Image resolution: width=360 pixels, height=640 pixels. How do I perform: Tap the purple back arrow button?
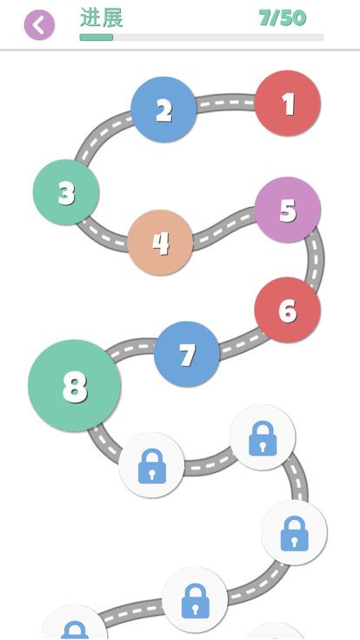39,25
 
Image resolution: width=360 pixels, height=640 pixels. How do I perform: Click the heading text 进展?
101,17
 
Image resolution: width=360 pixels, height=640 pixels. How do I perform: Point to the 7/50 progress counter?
283,18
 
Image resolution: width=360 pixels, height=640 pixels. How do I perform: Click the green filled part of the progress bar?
97,37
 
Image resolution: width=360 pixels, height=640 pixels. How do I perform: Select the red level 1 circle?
287,103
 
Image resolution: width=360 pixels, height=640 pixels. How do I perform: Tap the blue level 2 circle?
163,110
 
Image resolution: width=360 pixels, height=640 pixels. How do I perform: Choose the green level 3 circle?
66,192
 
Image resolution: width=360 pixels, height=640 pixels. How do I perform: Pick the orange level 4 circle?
160,243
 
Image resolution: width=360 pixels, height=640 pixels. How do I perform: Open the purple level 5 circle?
287,210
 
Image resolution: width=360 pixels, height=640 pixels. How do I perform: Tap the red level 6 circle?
287,310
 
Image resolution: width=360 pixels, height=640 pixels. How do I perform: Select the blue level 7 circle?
187,354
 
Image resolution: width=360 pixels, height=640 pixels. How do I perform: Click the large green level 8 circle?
74,385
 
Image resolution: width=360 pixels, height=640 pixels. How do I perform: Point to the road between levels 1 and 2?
226,102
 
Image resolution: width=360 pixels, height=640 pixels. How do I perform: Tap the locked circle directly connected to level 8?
151,465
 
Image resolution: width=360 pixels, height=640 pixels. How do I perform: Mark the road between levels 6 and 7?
241,345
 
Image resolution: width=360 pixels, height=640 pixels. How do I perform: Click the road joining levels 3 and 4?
103,236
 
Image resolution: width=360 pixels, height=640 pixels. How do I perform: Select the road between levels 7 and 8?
131,347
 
